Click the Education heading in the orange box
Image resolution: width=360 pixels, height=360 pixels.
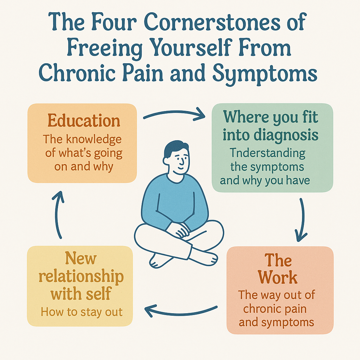pos(84,121)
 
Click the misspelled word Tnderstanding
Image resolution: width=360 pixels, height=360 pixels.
pos(268,153)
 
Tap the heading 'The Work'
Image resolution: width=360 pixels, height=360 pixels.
pos(278,269)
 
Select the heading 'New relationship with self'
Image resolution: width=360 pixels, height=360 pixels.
pos(81,276)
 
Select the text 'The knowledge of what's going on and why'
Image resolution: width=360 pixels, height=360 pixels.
pos(83,153)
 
